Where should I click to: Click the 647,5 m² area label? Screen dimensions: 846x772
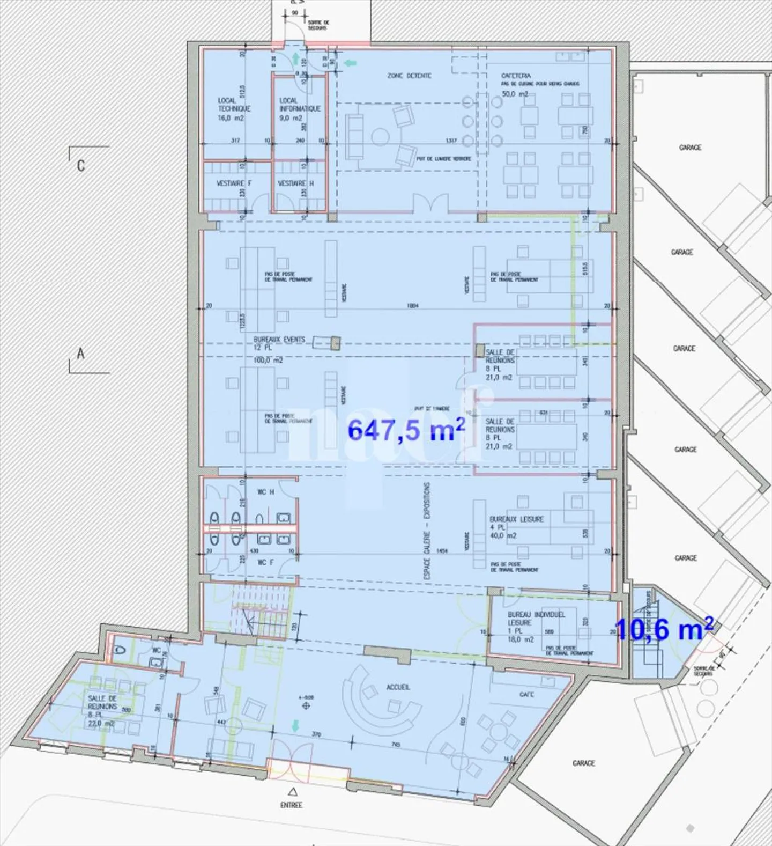pos(406,430)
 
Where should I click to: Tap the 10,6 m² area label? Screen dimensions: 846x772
pos(664,629)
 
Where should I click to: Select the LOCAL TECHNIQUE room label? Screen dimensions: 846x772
pos(234,108)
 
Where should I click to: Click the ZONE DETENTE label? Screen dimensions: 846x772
pos(409,76)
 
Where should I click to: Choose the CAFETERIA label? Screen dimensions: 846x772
pos(516,76)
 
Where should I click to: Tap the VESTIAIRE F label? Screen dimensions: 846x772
pos(234,183)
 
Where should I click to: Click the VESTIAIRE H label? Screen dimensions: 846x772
pos(295,183)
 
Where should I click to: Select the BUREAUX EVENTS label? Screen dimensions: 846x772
pos(279,340)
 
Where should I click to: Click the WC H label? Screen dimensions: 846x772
pos(265,492)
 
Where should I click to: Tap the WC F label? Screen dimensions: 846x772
pos(265,562)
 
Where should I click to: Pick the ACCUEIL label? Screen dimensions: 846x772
pos(398,687)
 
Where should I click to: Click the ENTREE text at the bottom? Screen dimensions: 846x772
pos(291,805)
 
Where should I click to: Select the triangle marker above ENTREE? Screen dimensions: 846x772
pos(292,791)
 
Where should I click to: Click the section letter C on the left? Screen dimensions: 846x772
pos(81,165)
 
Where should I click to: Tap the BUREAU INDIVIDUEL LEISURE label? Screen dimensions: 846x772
pos(536,619)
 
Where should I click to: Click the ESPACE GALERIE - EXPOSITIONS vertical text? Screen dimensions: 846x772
pos(427,530)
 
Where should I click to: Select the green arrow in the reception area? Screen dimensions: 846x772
pos(294,726)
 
